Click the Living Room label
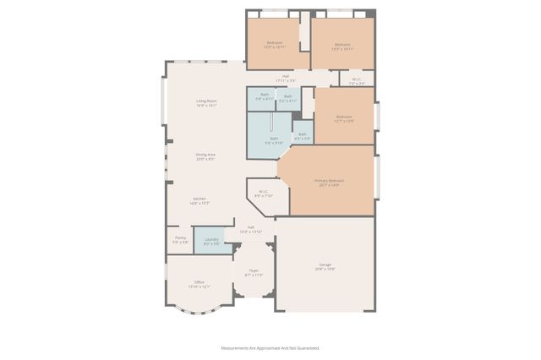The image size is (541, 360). point(207,101)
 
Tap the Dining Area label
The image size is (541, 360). point(205,154)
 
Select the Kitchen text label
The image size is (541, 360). point(199,199)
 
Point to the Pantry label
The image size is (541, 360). point(180,237)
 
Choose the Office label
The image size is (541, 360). point(199,281)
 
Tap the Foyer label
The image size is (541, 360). point(254,270)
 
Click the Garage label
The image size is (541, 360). point(325,265)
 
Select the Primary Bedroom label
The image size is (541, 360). point(331,180)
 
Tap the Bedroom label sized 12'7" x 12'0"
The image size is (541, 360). point(343,117)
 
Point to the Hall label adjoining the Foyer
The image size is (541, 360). point(251,226)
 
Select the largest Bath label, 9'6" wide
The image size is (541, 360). point(273,139)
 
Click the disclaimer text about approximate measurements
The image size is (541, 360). point(270,347)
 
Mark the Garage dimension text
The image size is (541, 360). point(325,270)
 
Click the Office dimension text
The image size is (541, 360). point(199,286)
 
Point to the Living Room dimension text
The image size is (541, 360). point(207,106)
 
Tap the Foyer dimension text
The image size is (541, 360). point(254,275)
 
